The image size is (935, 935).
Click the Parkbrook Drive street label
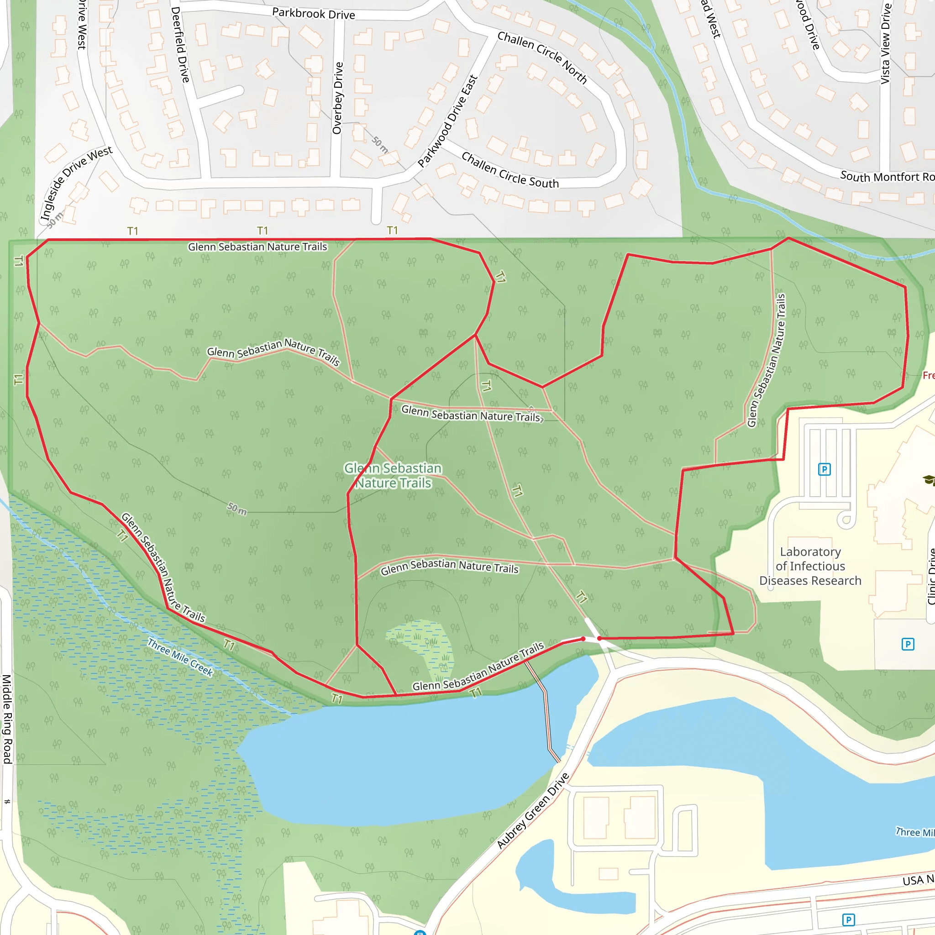coord(314,14)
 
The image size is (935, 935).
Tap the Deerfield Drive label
coord(179,45)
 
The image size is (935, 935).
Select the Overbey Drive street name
coord(338,98)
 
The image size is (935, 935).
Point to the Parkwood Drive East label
coord(448,121)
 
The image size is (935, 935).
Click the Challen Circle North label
coord(542,57)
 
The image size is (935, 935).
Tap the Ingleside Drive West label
coord(76,183)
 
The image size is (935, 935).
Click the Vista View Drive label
coord(885,43)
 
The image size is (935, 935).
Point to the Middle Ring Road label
coord(7,719)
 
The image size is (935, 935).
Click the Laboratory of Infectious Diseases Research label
coord(810,566)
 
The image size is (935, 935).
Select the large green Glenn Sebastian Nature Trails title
coord(393,475)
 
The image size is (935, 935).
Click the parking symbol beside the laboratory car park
coord(824,469)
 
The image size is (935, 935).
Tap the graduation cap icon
coord(929,480)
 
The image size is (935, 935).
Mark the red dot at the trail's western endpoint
coord(583,639)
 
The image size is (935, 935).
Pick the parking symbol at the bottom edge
coord(848,919)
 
